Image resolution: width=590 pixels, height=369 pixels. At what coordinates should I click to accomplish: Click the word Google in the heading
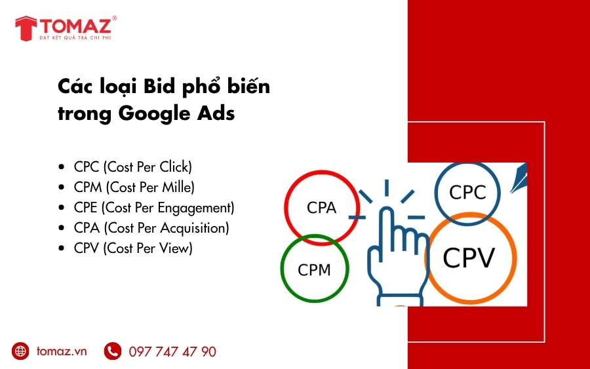point(149,113)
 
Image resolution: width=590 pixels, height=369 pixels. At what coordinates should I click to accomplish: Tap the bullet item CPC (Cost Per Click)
point(132,167)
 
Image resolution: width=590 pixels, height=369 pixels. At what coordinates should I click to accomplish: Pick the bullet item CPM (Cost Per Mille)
point(134,187)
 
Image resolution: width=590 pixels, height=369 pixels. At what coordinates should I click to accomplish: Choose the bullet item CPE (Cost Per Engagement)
point(153,208)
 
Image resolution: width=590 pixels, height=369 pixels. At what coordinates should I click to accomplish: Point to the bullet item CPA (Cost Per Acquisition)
point(151,228)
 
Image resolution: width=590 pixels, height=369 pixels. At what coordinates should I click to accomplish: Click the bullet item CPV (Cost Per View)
point(133,248)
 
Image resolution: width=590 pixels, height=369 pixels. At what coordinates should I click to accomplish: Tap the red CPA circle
point(322,208)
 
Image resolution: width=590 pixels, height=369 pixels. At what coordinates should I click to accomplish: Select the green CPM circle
point(314,269)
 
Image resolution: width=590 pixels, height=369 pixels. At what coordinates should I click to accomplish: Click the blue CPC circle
point(467,192)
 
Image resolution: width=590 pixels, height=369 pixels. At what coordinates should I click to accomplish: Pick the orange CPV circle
point(468,258)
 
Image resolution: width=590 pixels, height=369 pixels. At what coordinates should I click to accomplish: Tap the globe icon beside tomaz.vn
point(21,351)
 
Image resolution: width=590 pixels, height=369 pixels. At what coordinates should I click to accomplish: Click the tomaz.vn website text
point(62,351)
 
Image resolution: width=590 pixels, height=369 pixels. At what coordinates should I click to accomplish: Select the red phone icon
point(112,351)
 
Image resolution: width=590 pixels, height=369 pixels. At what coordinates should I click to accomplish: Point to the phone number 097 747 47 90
point(172,352)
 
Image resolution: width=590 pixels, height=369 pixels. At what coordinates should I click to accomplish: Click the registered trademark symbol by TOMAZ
point(114,19)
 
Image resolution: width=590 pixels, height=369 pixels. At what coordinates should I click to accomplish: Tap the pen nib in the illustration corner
point(521,175)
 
